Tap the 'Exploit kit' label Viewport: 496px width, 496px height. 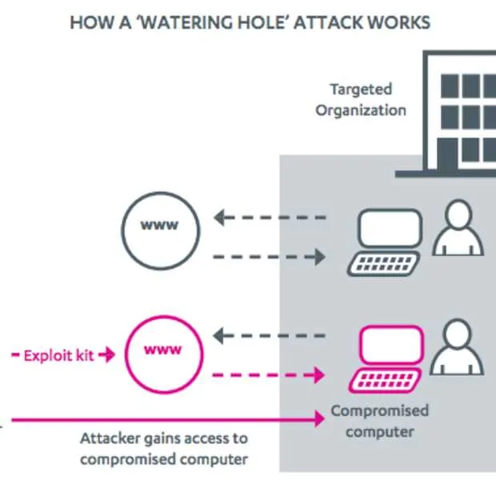[58, 354]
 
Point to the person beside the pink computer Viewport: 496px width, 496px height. [458, 348]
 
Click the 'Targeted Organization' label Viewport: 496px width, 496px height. [360, 99]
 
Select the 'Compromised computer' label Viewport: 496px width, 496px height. [380, 421]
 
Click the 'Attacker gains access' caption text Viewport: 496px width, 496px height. [164, 449]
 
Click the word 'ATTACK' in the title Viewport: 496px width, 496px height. [330, 22]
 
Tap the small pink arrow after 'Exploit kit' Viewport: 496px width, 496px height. [107, 354]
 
